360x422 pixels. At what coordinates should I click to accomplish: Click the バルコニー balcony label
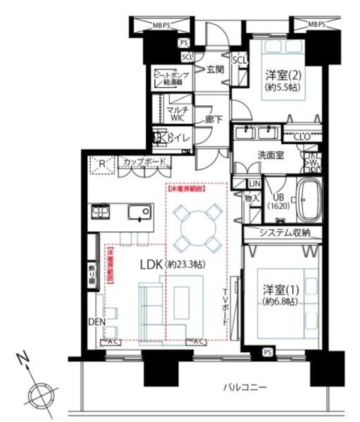[x=244, y=387]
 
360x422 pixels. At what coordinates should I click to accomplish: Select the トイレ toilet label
[x=178, y=138]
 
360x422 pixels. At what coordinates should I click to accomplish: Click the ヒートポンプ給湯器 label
[x=169, y=80]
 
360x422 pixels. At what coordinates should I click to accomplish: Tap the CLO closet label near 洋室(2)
[x=302, y=136]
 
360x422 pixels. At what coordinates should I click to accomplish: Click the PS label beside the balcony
[x=268, y=351]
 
